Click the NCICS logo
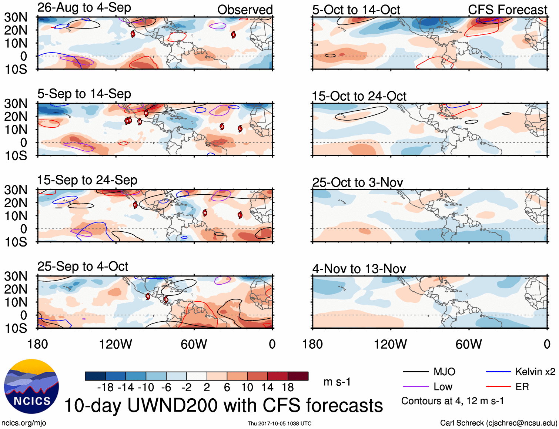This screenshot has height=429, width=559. (x=31, y=386)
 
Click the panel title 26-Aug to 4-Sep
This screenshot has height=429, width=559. (x=84, y=8)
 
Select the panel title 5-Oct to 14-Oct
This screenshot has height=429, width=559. (x=356, y=10)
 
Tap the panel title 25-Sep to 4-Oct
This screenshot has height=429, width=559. (x=83, y=267)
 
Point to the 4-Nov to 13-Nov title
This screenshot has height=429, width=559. (x=359, y=269)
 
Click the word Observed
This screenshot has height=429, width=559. (x=245, y=10)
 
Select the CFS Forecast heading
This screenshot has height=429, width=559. (x=507, y=10)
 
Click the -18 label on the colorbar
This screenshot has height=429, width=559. (x=105, y=388)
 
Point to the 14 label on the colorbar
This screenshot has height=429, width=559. (x=267, y=388)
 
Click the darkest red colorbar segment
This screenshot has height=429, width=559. (x=298, y=376)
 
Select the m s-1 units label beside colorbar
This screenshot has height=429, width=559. (x=337, y=382)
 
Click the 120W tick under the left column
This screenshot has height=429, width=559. (x=116, y=344)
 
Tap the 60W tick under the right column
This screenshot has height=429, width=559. (x=469, y=344)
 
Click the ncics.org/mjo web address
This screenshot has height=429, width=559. (x=24, y=423)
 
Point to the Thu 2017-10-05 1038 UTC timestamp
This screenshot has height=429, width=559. (x=279, y=423)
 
